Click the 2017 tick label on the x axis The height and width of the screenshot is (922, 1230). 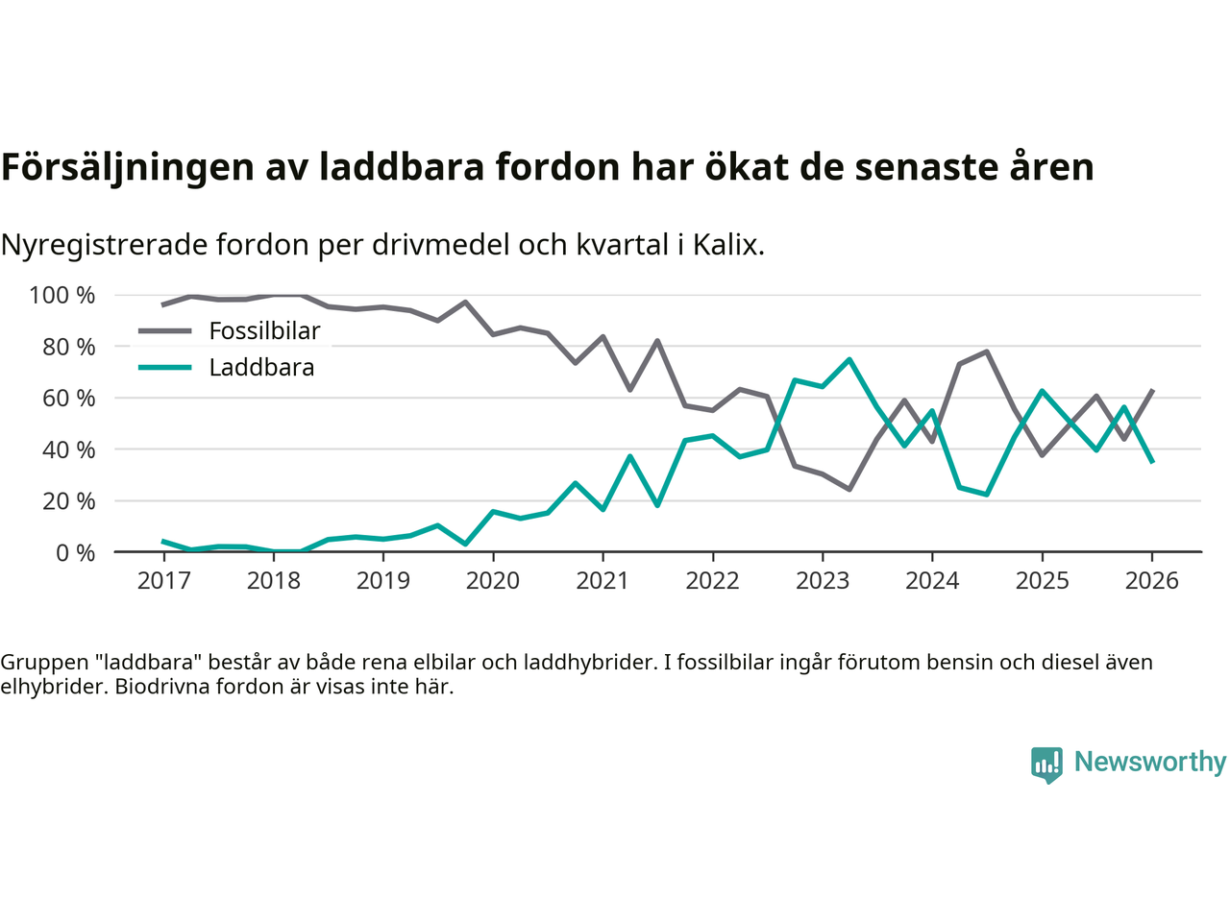pos(163,581)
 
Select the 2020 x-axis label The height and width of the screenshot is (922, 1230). pos(493,581)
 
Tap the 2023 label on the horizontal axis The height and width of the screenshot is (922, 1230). pos(823,581)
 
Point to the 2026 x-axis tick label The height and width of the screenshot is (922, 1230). pos(1151,581)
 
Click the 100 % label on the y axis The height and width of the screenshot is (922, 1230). pos(62,295)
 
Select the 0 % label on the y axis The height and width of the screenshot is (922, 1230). pos(74,552)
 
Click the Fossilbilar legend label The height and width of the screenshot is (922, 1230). pos(264,331)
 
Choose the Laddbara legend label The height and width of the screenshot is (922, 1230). pos(261,368)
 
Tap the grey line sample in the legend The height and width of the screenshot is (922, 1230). pos(165,331)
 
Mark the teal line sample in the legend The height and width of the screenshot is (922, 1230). pos(165,368)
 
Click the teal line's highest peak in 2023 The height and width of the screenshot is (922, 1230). pos(849,359)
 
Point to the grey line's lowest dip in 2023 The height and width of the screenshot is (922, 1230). pos(849,489)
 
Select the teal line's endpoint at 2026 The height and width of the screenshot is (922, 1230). pos(1152,462)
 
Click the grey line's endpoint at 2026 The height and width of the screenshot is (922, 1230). pos(1152,391)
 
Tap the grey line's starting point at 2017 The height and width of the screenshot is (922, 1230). pos(163,304)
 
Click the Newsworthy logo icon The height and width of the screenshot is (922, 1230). pos(1046,764)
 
